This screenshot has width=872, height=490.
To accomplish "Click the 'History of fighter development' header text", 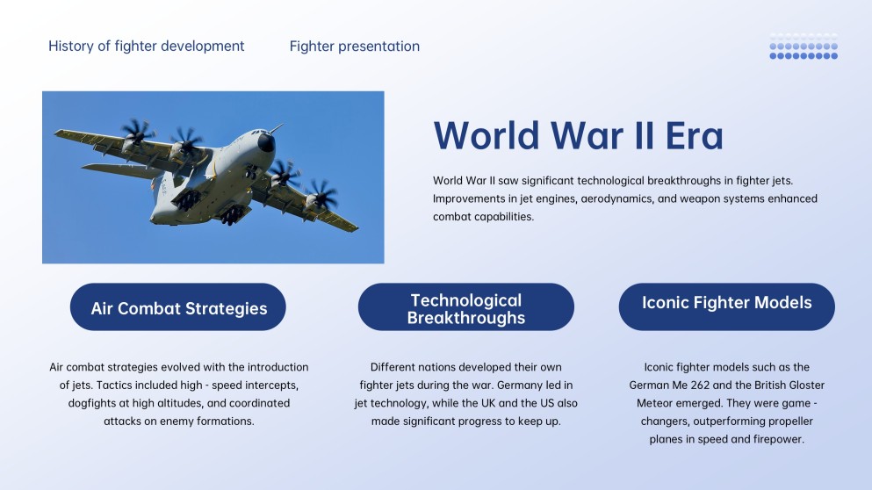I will [147, 46].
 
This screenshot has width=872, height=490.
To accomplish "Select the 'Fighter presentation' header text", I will [354, 46].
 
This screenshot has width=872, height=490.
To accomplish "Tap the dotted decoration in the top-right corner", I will [804, 47].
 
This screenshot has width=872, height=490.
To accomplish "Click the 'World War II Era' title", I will [578, 135].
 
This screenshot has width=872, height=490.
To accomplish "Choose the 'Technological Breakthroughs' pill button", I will [465, 308].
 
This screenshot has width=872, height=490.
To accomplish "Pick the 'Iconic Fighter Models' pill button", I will [726, 303].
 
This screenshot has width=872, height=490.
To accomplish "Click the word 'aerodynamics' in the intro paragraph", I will [615, 198].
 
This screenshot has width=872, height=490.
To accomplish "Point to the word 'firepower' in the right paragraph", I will [779, 439].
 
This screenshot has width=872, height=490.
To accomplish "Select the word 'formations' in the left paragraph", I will [225, 421].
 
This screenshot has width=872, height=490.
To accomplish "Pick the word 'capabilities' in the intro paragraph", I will [502, 217].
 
